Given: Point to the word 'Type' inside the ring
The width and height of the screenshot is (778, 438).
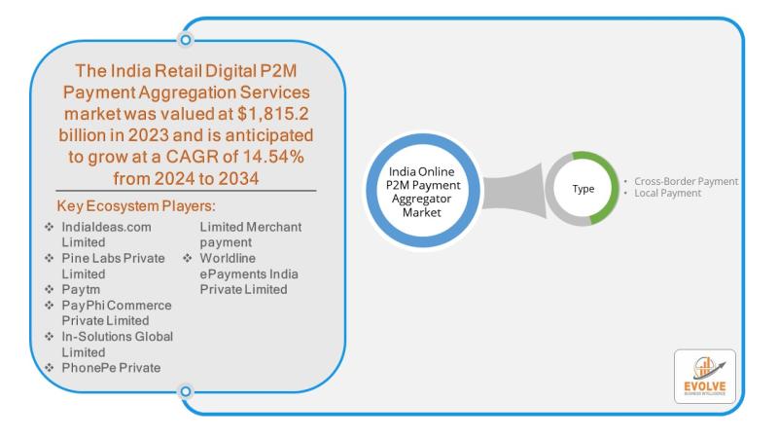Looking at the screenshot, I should (x=583, y=189).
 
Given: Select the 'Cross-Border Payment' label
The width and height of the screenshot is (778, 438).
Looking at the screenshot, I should (x=686, y=181).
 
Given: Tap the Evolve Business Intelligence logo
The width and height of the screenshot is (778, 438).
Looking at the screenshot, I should (x=704, y=376).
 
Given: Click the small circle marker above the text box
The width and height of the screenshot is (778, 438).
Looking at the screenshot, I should (x=186, y=40).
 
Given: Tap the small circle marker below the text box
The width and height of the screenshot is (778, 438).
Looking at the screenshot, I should (x=186, y=392).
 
